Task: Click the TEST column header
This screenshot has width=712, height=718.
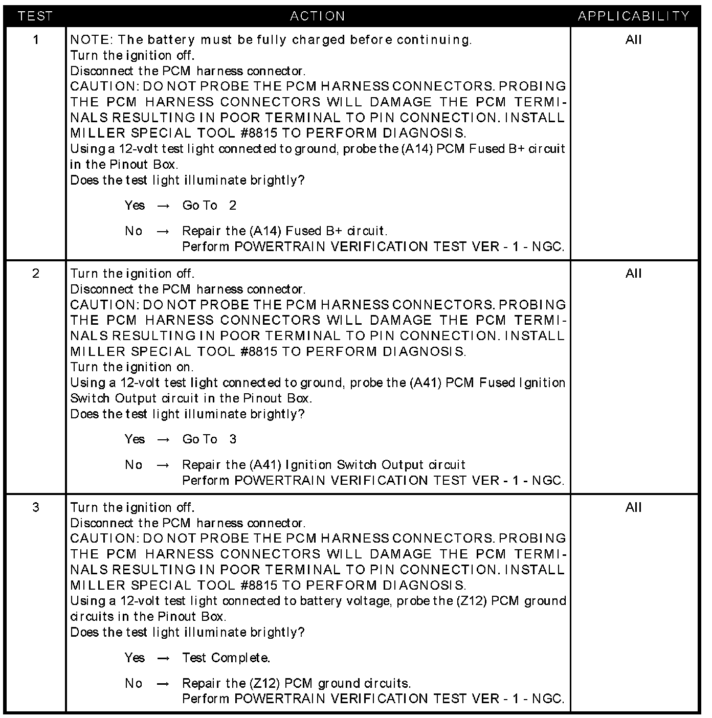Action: coord(35,16)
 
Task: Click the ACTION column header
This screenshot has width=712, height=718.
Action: coord(317,16)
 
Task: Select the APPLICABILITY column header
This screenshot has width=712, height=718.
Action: coord(634,16)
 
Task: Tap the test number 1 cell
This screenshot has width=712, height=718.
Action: coord(35,40)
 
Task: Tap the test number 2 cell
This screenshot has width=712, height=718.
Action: coord(35,274)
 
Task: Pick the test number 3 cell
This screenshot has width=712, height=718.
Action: coord(35,507)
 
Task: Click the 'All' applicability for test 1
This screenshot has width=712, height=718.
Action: coord(633,40)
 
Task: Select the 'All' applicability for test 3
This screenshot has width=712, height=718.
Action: coord(633,507)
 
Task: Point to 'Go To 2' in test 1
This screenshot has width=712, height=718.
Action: coord(209,206)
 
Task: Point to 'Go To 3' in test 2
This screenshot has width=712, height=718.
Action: coord(209,439)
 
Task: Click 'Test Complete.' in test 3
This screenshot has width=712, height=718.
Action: coord(226,658)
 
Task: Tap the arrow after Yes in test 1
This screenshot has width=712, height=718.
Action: coord(163,206)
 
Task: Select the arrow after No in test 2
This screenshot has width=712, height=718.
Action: coord(163,465)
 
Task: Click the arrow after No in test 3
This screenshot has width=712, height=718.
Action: coord(163,684)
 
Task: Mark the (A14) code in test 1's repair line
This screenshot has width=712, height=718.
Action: coord(266,231)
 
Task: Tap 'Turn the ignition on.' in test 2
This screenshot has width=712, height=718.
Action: coord(132,367)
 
